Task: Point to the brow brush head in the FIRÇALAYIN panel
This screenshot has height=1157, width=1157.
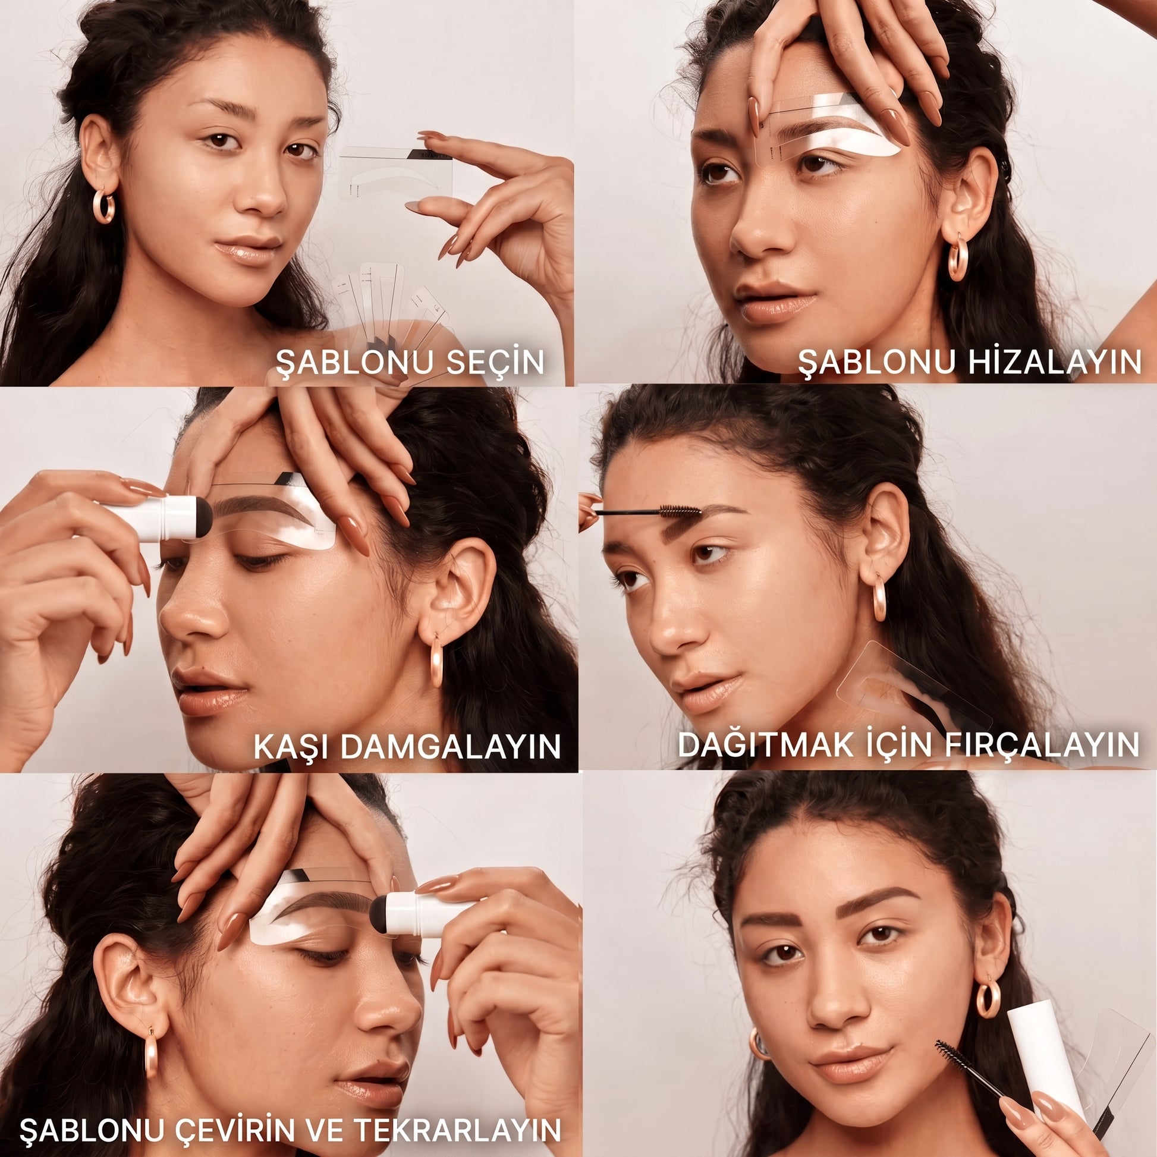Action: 680,510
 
